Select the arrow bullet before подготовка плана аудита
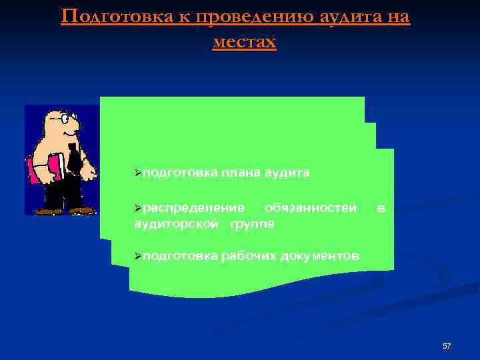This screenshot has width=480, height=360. coord(137,173)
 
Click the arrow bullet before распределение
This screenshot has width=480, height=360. coord(137,209)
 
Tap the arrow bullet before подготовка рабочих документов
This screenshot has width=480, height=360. coord(137,256)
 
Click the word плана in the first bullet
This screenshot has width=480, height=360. coord(241,173)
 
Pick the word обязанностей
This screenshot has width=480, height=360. coord(310,208)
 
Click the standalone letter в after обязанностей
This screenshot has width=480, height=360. coord(380,208)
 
